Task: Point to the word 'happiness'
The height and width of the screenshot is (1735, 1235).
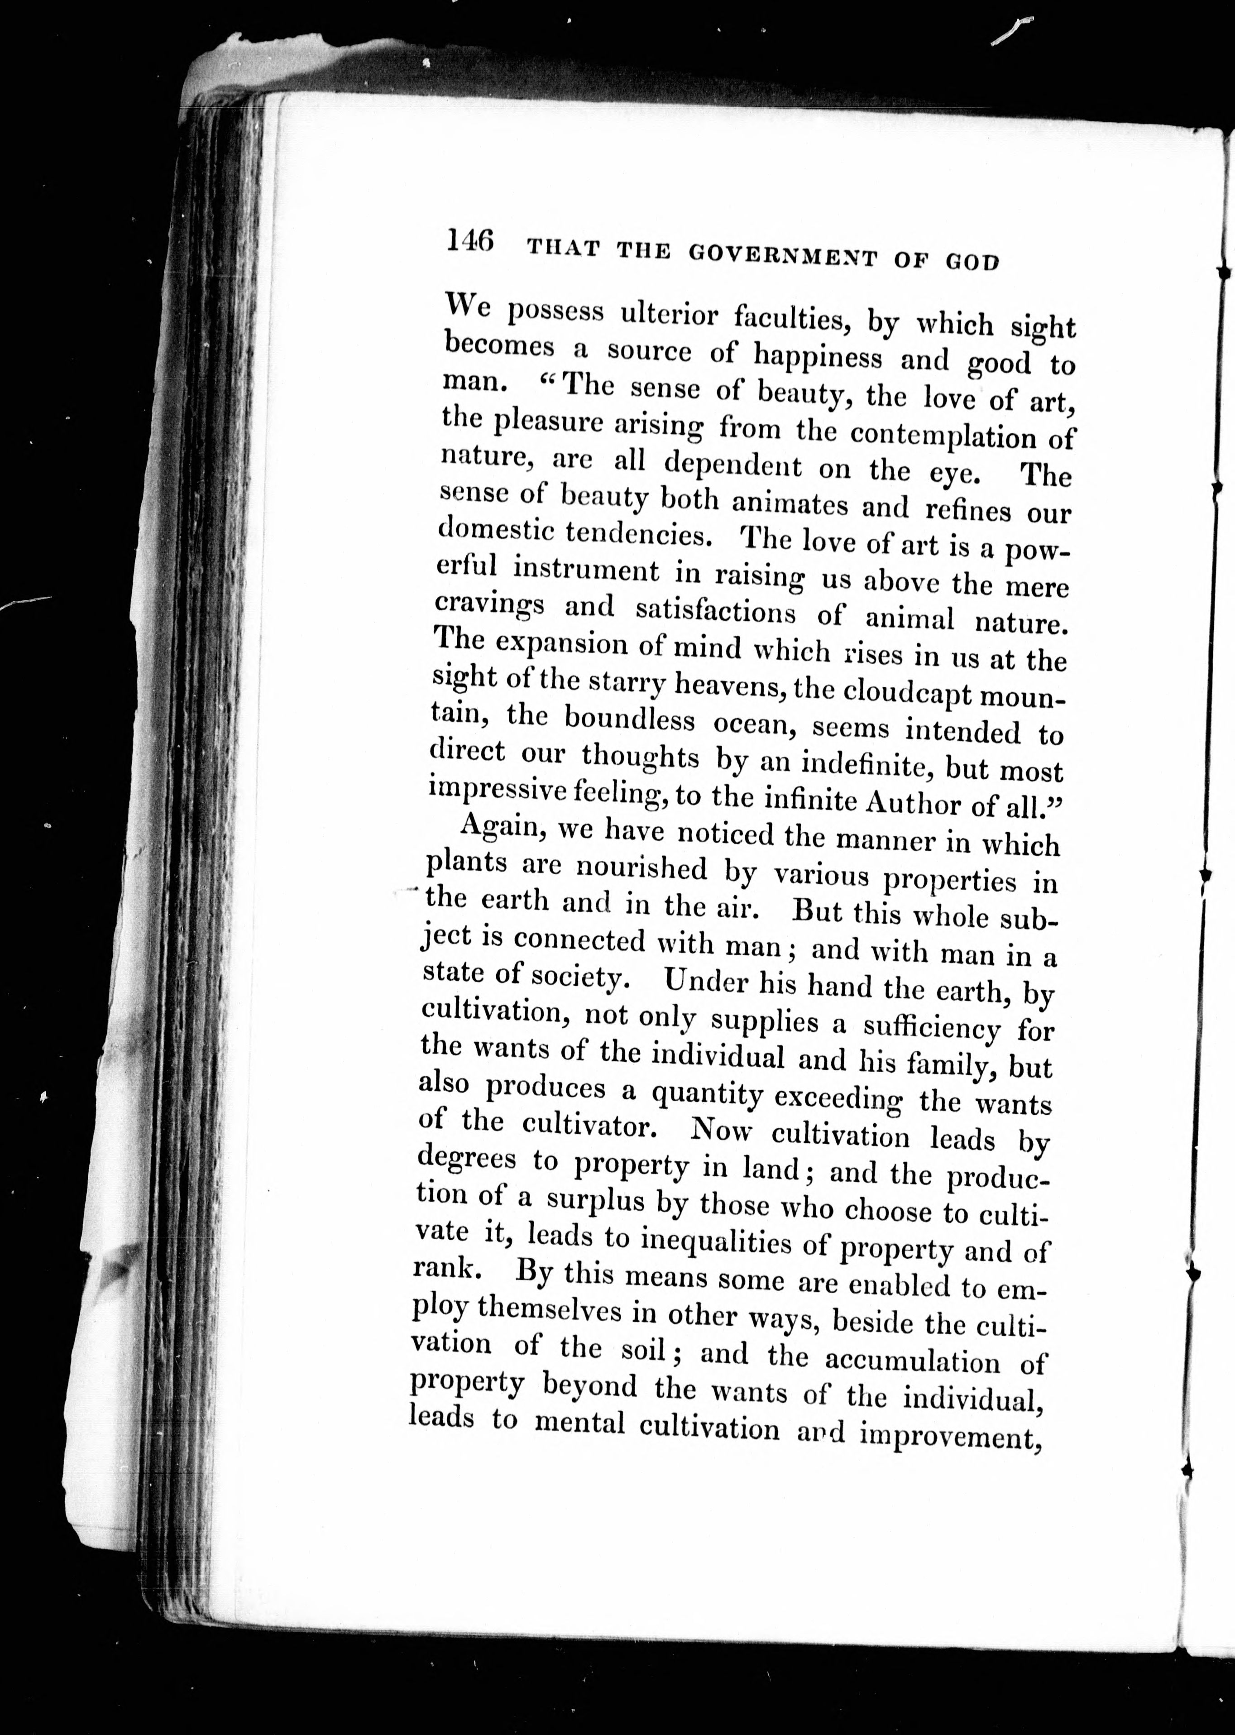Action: click(x=818, y=356)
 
